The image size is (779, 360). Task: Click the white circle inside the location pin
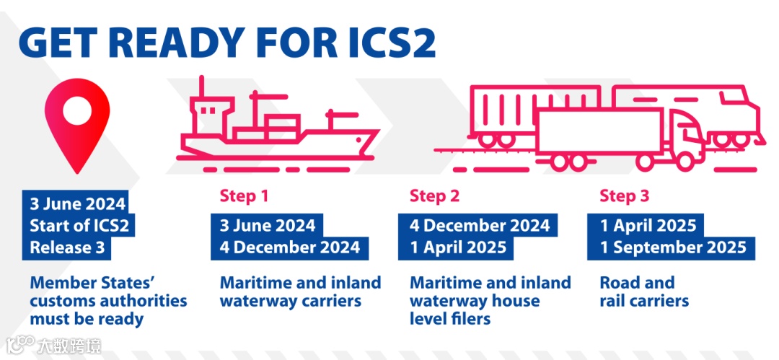(x=76, y=110)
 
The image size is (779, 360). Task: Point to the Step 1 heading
(x=237, y=196)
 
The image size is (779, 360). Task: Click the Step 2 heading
(x=434, y=196)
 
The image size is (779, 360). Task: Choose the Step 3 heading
(x=624, y=196)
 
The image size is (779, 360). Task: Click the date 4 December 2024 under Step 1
(x=289, y=247)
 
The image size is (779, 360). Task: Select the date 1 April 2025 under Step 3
(x=648, y=225)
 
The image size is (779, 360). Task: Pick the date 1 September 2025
(x=673, y=247)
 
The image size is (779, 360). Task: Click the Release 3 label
(x=67, y=247)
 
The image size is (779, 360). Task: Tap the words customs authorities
(x=108, y=300)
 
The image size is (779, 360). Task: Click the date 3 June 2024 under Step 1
(x=268, y=225)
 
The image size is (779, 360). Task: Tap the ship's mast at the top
(x=203, y=88)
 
